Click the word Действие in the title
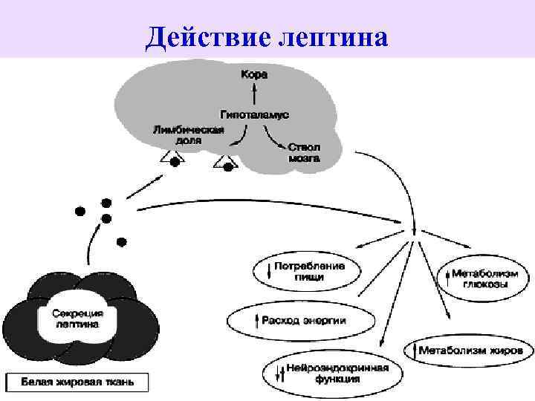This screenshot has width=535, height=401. tap(198, 36)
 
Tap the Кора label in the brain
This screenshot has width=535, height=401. tap(254, 75)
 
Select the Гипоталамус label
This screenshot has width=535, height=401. tap(254, 114)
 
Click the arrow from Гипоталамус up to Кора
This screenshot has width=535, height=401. tap(254, 94)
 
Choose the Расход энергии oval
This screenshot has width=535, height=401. tap(300, 321)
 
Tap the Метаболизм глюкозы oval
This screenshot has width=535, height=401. tap(483, 279)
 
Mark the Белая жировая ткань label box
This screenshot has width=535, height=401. tap(77, 382)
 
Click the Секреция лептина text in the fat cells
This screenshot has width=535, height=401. tap(78, 319)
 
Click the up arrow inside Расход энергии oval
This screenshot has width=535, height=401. tap(256, 321)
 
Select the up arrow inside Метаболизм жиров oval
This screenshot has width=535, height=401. tap(412, 348)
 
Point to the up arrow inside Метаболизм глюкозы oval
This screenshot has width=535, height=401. tap(448, 279)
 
